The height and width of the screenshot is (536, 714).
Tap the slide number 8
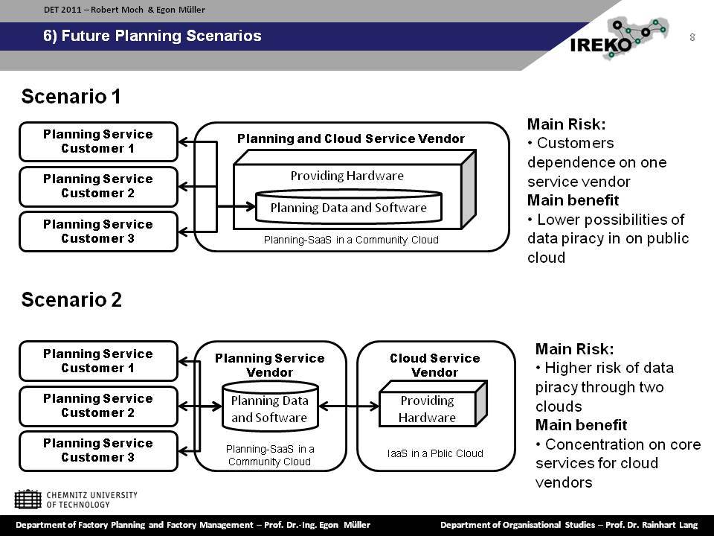point(692,37)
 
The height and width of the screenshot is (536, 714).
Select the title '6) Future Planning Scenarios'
point(152,36)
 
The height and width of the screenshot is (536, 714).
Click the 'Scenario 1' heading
point(71,97)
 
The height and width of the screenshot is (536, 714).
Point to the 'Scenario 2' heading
point(71,300)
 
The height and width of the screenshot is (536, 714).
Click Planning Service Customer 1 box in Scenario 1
point(98,141)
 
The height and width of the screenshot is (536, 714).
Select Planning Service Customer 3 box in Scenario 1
point(98,232)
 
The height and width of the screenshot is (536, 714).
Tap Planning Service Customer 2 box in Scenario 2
point(98,406)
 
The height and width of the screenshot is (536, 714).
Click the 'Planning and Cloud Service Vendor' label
point(350,138)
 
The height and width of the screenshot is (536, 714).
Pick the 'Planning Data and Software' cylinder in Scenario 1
point(348,206)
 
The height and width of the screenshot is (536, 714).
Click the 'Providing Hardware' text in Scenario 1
point(347,176)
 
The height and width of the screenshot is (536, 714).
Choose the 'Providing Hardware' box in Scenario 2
point(433,403)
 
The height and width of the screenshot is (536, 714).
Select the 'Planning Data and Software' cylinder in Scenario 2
point(270,406)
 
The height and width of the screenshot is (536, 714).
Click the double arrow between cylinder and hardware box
point(349,406)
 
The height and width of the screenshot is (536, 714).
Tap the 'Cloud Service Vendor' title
point(435,365)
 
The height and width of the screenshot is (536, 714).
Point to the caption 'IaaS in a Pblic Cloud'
point(435,453)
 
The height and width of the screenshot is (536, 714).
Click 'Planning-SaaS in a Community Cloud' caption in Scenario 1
point(351,240)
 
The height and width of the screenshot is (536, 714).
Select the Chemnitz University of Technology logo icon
point(28,500)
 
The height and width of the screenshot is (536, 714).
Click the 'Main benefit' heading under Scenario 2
point(581,425)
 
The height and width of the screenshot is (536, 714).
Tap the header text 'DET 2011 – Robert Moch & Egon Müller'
point(124,10)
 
